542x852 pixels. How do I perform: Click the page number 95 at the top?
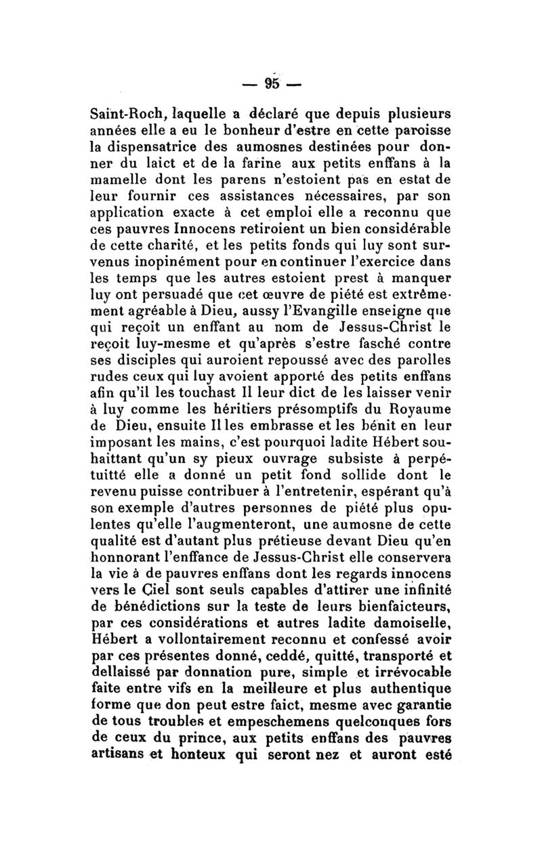click(x=273, y=83)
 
